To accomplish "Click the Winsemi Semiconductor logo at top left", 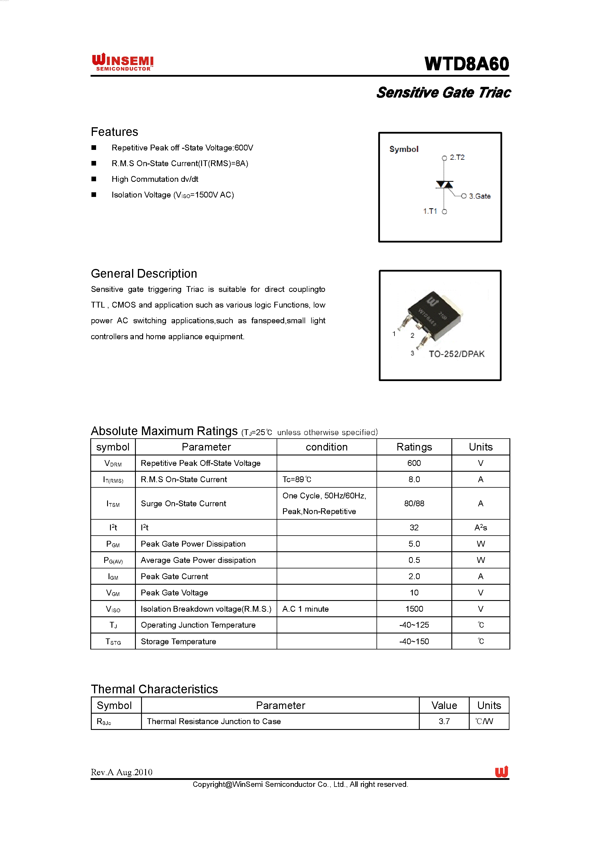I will click(123, 62).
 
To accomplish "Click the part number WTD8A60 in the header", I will click(467, 64).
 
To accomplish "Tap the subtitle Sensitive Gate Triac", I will click(443, 92).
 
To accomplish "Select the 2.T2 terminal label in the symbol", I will click(457, 157).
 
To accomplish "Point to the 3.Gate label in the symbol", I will click(480, 196).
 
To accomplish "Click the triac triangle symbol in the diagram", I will click(444, 184).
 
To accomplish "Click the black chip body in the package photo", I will click(434, 315).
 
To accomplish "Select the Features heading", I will click(115, 132).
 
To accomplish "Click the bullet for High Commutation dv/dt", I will click(94, 179).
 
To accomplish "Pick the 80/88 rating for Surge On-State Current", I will click(414, 503).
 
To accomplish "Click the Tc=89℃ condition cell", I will click(297, 480).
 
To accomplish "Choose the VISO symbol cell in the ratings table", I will click(113, 609).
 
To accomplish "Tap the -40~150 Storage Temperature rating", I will click(414, 642).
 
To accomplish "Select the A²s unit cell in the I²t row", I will click(480, 528).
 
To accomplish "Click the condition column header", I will click(326, 447).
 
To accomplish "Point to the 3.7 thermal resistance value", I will click(444, 721).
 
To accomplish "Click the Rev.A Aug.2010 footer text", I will click(122, 772).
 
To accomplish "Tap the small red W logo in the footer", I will click(501, 772).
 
